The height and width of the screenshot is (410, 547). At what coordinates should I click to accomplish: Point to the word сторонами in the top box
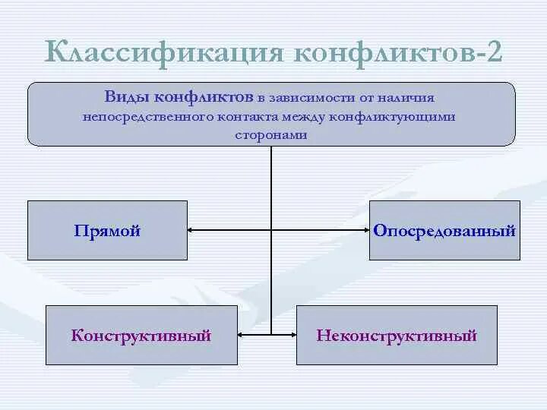point(270,134)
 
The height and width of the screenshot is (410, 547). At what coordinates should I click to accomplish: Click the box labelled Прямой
point(107,230)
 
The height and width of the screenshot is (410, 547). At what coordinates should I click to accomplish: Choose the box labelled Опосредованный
point(444,230)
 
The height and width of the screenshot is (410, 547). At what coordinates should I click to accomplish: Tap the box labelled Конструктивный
point(141,335)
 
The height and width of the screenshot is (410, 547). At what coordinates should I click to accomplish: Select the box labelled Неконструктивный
point(397,335)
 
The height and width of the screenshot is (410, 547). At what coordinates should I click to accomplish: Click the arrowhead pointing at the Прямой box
point(192,230)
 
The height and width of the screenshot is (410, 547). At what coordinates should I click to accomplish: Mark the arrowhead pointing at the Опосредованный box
point(365,230)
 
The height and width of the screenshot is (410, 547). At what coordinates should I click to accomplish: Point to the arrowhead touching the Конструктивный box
point(242,334)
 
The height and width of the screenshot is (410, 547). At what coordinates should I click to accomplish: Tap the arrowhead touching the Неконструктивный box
point(292,334)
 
